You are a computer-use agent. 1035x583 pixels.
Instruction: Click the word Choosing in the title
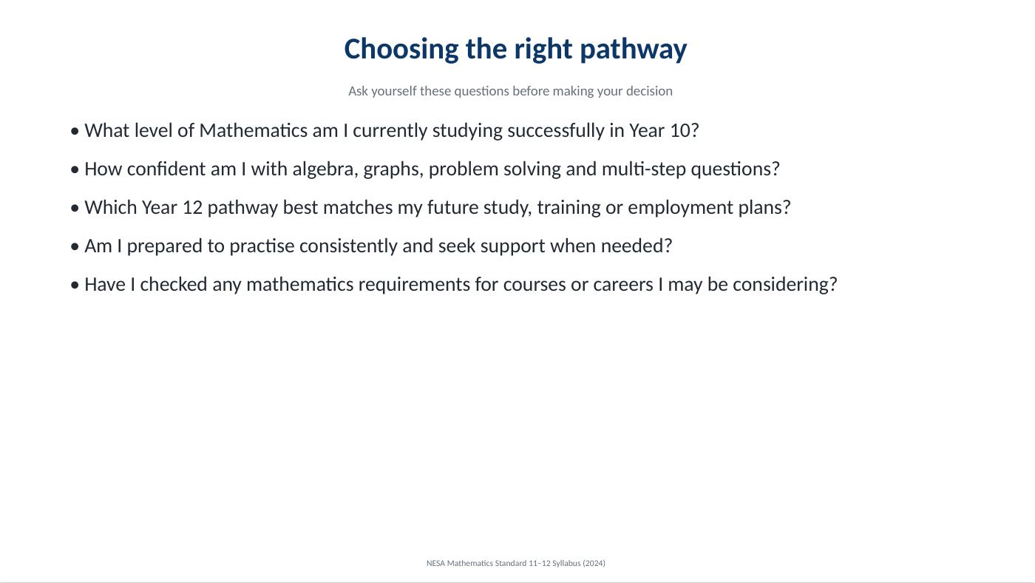click(401, 50)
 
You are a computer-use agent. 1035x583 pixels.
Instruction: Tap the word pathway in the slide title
click(634, 50)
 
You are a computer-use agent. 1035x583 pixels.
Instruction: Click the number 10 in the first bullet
click(680, 131)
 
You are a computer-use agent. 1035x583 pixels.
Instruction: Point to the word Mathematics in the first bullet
click(253, 131)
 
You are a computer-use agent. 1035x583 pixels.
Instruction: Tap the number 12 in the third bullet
click(193, 208)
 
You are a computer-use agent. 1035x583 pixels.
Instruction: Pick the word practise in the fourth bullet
click(262, 246)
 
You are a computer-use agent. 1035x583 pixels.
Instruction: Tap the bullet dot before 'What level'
click(75, 132)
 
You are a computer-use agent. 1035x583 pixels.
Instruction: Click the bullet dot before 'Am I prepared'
click(75, 247)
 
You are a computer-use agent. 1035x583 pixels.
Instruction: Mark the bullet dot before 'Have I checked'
click(75, 286)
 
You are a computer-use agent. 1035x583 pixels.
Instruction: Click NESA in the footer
click(435, 563)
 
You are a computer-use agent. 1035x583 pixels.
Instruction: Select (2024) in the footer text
click(594, 563)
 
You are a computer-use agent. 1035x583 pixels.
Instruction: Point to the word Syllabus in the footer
click(566, 564)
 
